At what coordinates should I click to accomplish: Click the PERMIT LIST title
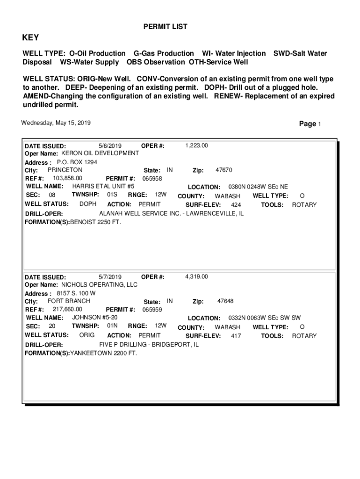coord(165,27)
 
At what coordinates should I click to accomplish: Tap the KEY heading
coord(31,38)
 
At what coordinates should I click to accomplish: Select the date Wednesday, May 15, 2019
coord(56,123)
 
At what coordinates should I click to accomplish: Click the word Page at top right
coord(308,123)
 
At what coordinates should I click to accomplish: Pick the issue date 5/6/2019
coord(110,145)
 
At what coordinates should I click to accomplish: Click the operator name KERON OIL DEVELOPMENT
coord(100,153)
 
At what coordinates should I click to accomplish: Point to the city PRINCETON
coord(65,170)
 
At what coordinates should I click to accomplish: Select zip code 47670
coord(223,170)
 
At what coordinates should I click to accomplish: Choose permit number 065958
coord(152,179)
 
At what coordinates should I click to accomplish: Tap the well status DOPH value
coord(88,204)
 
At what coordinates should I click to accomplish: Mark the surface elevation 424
coord(236,205)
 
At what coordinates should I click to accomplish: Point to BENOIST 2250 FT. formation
coord(95,222)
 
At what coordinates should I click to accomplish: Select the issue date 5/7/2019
coord(110,276)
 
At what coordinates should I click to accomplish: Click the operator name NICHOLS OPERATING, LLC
coord(100,284)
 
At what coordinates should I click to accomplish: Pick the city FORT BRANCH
coord(69,301)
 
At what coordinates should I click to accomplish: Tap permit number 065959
coord(152,310)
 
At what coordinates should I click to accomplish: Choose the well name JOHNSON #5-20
coord(95,318)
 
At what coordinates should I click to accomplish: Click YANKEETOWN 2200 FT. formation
coord(103,353)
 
